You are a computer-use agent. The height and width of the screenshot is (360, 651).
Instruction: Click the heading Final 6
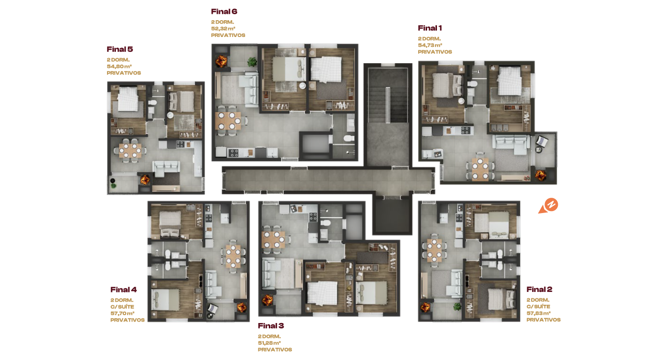point(224,12)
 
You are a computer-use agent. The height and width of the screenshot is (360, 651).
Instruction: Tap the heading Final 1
point(430,28)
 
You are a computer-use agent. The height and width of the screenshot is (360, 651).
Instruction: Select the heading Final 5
point(120,49)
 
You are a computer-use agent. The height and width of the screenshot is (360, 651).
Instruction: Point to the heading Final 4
point(123,289)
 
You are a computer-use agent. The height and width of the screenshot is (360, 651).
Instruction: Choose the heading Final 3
point(271,325)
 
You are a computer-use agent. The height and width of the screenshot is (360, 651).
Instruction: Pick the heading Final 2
point(540,289)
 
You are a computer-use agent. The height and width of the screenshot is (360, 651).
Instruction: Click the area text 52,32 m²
point(223,29)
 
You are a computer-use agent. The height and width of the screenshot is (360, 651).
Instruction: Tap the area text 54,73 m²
point(430,45)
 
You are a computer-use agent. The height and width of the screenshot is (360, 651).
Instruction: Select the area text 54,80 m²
point(119,66)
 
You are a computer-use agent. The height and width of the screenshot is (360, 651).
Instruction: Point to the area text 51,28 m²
point(269,343)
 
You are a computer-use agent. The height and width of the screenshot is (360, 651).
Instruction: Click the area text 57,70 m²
point(122,313)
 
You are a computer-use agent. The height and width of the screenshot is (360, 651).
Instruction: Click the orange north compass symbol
point(548,206)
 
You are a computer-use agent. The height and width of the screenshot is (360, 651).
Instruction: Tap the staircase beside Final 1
point(388,95)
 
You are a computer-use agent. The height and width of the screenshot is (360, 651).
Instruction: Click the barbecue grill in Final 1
point(541,175)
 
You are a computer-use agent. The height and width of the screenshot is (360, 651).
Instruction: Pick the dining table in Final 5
point(130,150)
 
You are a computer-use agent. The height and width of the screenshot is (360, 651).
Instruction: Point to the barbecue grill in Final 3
point(267,300)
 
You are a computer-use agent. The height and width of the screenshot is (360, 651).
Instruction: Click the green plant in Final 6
point(252,62)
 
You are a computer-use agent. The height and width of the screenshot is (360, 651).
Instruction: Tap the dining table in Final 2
point(434,250)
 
